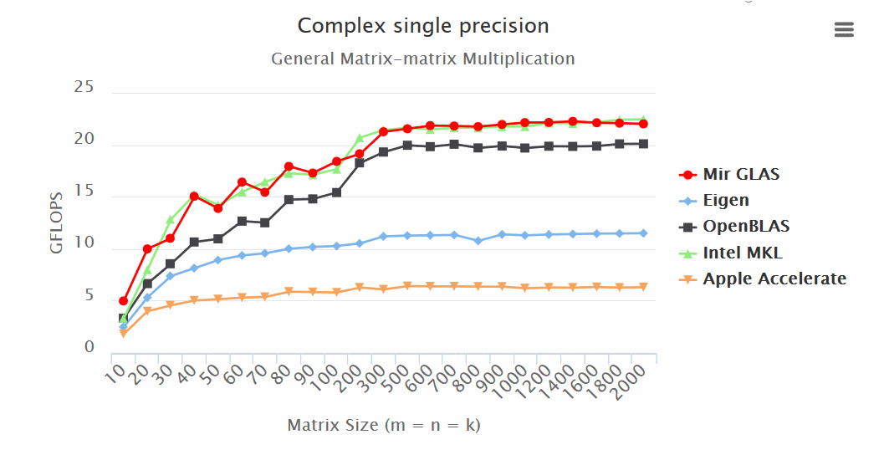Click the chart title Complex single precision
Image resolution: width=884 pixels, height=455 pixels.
[x=423, y=26]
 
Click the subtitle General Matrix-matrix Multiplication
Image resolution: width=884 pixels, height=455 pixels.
[x=423, y=59]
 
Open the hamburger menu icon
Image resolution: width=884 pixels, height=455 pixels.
[x=844, y=30]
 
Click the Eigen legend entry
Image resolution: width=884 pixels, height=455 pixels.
[x=725, y=201]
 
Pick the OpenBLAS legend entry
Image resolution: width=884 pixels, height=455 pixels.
[x=745, y=227]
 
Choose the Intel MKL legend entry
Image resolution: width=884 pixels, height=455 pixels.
[x=742, y=253]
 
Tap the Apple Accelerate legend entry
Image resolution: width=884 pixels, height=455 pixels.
[x=774, y=279]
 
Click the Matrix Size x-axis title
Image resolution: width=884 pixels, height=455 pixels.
[x=384, y=425]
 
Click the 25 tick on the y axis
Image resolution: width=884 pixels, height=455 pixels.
[x=84, y=87]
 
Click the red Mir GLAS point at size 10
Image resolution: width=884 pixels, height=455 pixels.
[x=124, y=301]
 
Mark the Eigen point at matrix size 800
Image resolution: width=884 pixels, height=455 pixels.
[x=478, y=241]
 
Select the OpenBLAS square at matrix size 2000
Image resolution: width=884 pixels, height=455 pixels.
[x=642, y=144]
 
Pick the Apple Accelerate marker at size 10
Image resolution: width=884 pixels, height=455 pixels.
[x=124, y=333]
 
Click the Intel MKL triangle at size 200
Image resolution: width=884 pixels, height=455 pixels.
[x=360, y=138]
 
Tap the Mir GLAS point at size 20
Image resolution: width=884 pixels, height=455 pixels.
[x=147, y=248]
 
